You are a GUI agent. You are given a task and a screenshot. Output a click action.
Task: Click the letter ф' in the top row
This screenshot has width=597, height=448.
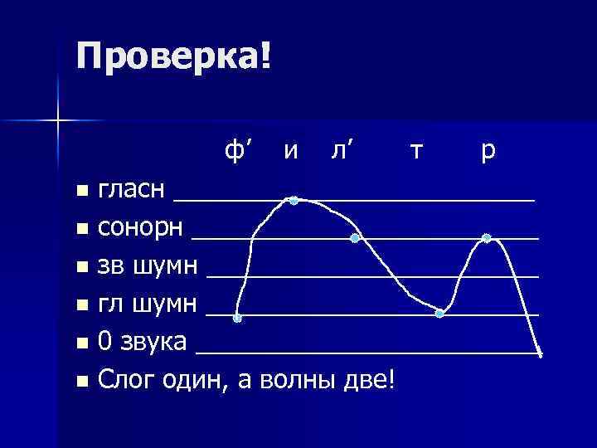pos(238,151)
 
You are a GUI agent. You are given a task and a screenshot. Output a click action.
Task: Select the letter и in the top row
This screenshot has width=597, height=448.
pos(290,152)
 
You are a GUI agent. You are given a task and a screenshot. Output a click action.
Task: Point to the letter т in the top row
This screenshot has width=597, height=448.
pos(418,152)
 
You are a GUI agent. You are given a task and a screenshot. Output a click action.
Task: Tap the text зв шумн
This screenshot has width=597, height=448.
pos(148,266)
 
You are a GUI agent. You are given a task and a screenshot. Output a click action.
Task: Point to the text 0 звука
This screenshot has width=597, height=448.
pos(142,343)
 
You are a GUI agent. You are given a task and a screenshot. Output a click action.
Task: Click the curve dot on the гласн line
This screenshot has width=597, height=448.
pos(294,200)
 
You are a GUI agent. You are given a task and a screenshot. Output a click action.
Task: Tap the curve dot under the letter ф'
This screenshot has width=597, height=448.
pos(238,318)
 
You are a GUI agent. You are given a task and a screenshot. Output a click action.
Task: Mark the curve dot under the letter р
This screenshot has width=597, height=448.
pos(487,238)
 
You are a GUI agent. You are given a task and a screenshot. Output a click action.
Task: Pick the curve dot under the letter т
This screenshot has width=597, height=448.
pos(439,313)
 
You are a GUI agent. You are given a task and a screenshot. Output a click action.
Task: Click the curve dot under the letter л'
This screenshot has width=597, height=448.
pos(354,238)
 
